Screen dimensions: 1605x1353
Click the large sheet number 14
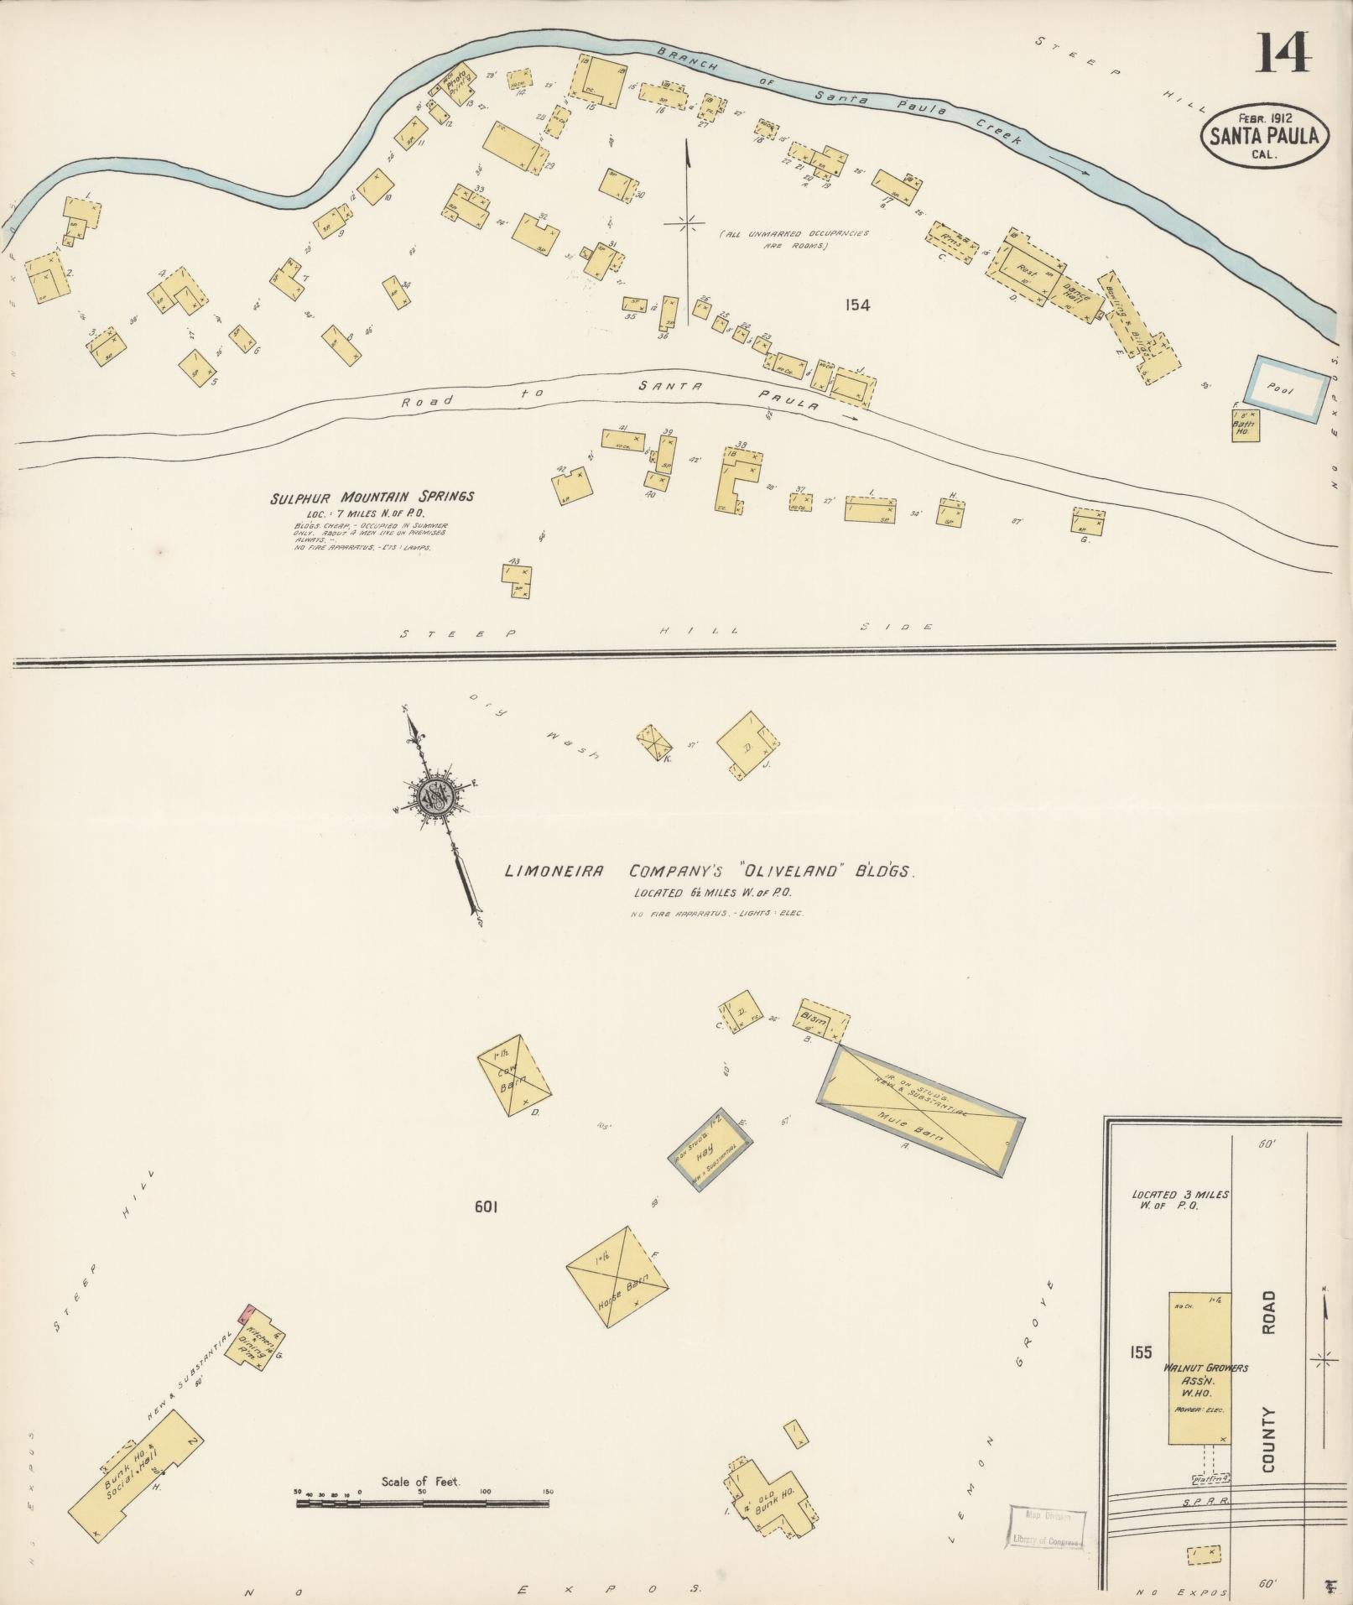click(x=1283, y=53)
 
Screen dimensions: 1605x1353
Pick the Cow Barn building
click(x=514, y=1076)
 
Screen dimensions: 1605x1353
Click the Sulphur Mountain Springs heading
click(x=372, y=497)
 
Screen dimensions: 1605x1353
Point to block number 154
click(x=857, y=305)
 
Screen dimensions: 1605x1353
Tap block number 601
click(x=487, y=1207)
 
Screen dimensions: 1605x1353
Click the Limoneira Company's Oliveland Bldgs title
click(x=709, y=872)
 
